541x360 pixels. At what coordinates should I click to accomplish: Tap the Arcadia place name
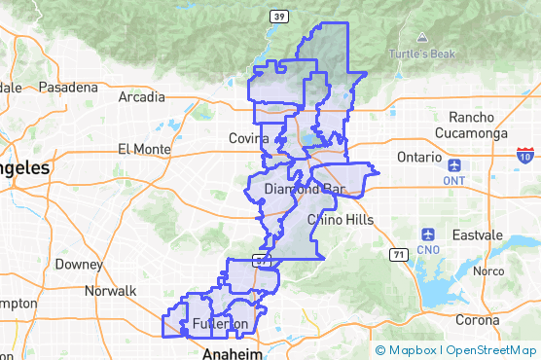tap(141, 97)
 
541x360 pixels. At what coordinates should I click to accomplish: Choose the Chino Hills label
tap(340, 220)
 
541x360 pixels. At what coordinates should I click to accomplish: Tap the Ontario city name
tap(419, 157)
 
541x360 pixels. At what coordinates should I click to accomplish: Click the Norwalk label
tap(110, 291)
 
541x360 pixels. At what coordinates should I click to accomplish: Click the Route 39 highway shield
tap(278, 17)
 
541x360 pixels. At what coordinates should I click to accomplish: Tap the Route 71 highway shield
tap(398, 255)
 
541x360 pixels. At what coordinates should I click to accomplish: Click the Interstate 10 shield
tap(525, 156)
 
